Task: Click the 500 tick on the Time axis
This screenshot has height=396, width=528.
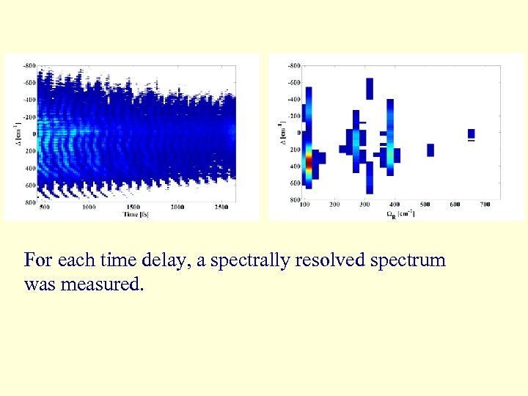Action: point(44,208)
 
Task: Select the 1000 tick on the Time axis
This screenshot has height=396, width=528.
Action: point(89,208)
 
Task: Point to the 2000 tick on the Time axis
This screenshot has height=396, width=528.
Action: point(178,208)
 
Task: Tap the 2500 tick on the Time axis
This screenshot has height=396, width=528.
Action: point(222,208)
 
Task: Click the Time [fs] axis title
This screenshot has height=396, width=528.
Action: point(137,214)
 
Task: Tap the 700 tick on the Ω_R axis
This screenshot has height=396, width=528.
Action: point(485,205)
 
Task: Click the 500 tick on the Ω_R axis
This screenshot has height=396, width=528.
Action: point(425,205)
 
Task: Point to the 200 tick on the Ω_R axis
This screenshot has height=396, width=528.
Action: point(334,205)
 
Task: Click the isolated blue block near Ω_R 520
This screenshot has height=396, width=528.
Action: point(430,150)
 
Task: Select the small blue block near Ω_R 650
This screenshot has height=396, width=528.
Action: point(471,133)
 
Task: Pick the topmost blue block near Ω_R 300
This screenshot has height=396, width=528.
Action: point(370,88)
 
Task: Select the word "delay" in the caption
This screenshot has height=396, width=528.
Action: point(162,260)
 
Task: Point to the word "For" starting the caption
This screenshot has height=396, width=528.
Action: point(37,260)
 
